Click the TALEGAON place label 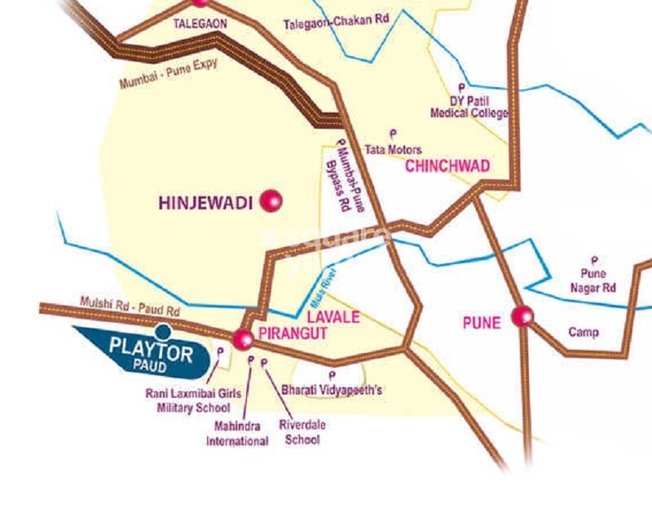point(199,24)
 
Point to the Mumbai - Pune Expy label point(169,73)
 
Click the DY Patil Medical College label point(469,107)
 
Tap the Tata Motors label point(393,149)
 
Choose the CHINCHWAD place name point(447,166)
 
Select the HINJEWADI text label point(205,201)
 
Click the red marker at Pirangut point(243,339)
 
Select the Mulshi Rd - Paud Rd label point(130,306)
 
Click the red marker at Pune point(522,315)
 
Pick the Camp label point(583,332)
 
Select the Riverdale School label point(299,432)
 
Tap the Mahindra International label point(237,434)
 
